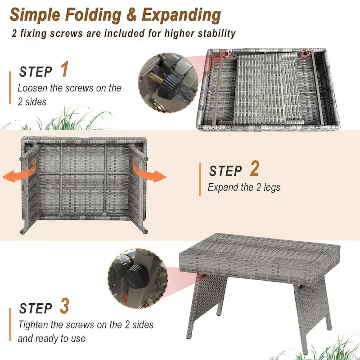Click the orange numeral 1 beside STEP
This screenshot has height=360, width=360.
pyautogui.click(x=64, y=71)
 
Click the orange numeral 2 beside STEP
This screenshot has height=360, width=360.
pyautogui.click(x=255, y=169)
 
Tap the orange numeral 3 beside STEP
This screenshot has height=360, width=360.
pyautogui.click(x=64, y=306)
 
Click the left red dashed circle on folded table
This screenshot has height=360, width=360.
pyautogui.click(x=226, y=54)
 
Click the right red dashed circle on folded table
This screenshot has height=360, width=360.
pyautogui.click(x=306, y=54)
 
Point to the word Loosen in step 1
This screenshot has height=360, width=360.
pyautogui.click(x=33, y=88)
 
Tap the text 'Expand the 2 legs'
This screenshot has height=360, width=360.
pyautogui.click(x=243, y=187)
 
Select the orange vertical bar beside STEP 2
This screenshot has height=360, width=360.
pyautogui.click(x=200, y=179)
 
